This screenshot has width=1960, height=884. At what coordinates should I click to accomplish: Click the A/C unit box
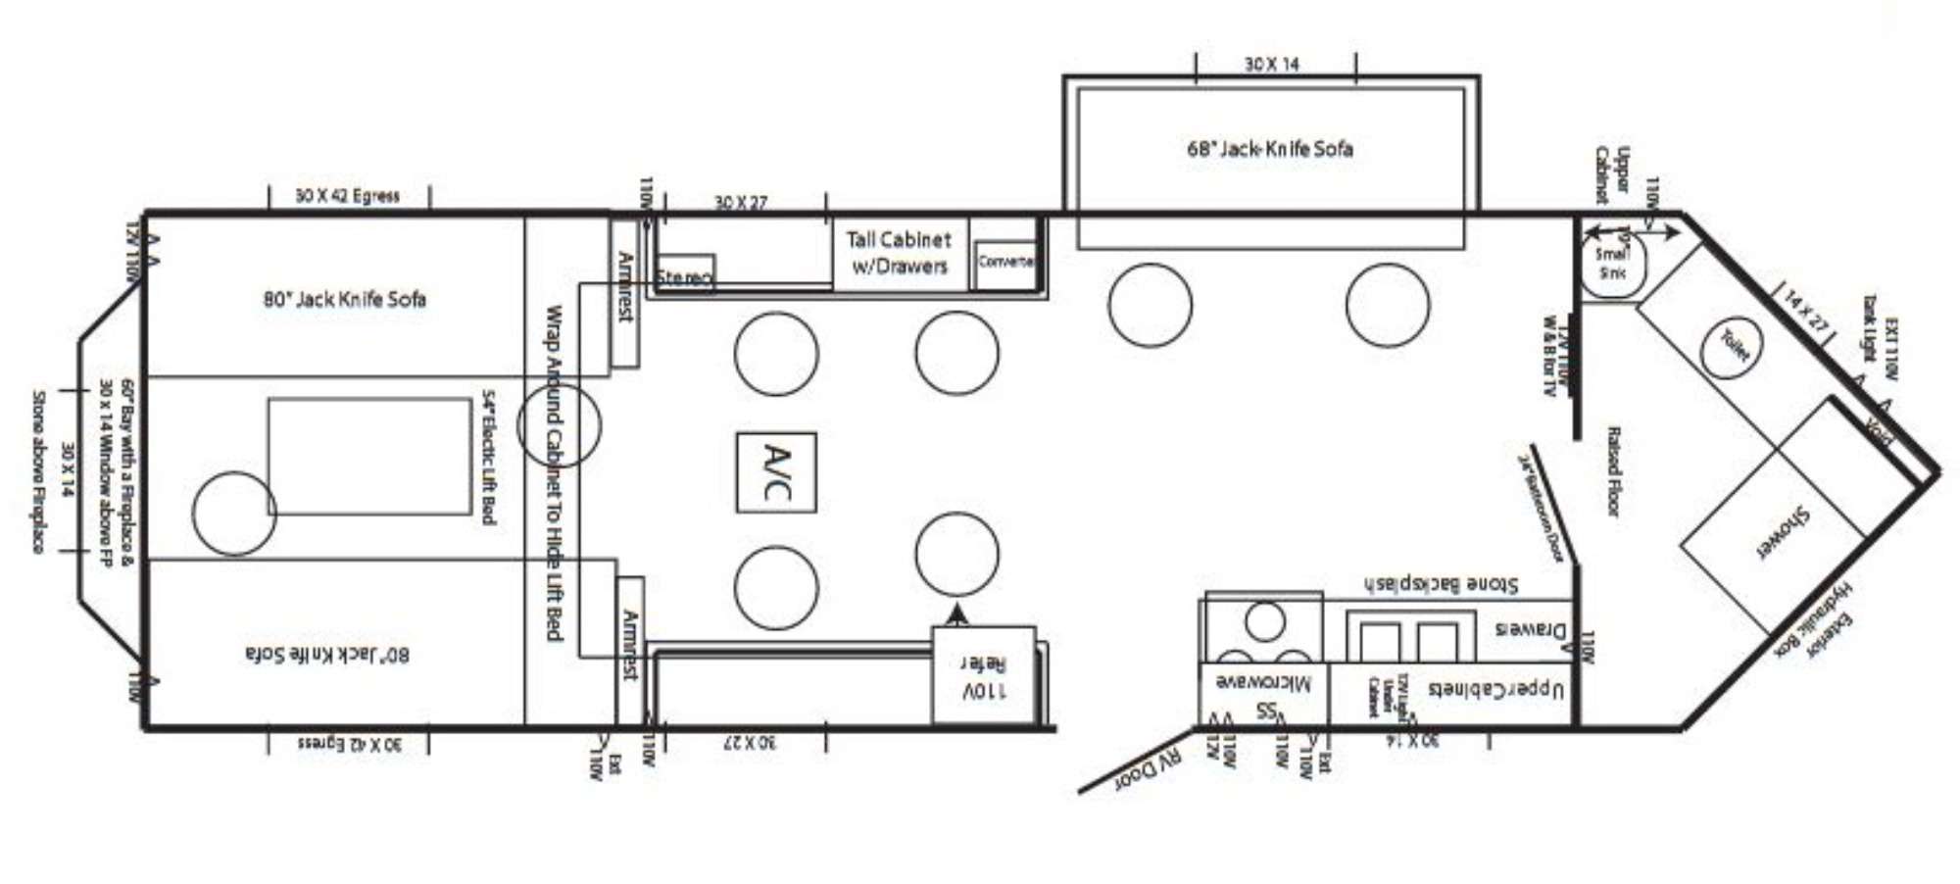pos(776,472)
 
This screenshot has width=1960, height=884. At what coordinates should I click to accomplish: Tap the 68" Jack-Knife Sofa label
pos(1270,149)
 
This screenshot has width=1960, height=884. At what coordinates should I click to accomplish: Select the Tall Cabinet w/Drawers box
pos(900,253)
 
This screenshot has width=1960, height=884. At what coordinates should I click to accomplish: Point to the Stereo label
pos(683,277)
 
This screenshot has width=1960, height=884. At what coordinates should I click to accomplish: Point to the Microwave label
pos(1263,682)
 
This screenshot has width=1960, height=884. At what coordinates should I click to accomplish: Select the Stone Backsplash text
pos(1441,584)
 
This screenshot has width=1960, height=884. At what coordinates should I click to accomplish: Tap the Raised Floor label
pos(1612,470)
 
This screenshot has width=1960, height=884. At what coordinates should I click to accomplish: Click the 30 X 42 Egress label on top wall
pos(348,195)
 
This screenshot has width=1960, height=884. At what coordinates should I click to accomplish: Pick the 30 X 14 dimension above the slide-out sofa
pos(1272,64)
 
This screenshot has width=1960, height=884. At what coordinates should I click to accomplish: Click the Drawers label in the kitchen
pos(1530,629)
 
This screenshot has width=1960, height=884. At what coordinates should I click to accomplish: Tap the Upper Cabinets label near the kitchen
pos(1495,689)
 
